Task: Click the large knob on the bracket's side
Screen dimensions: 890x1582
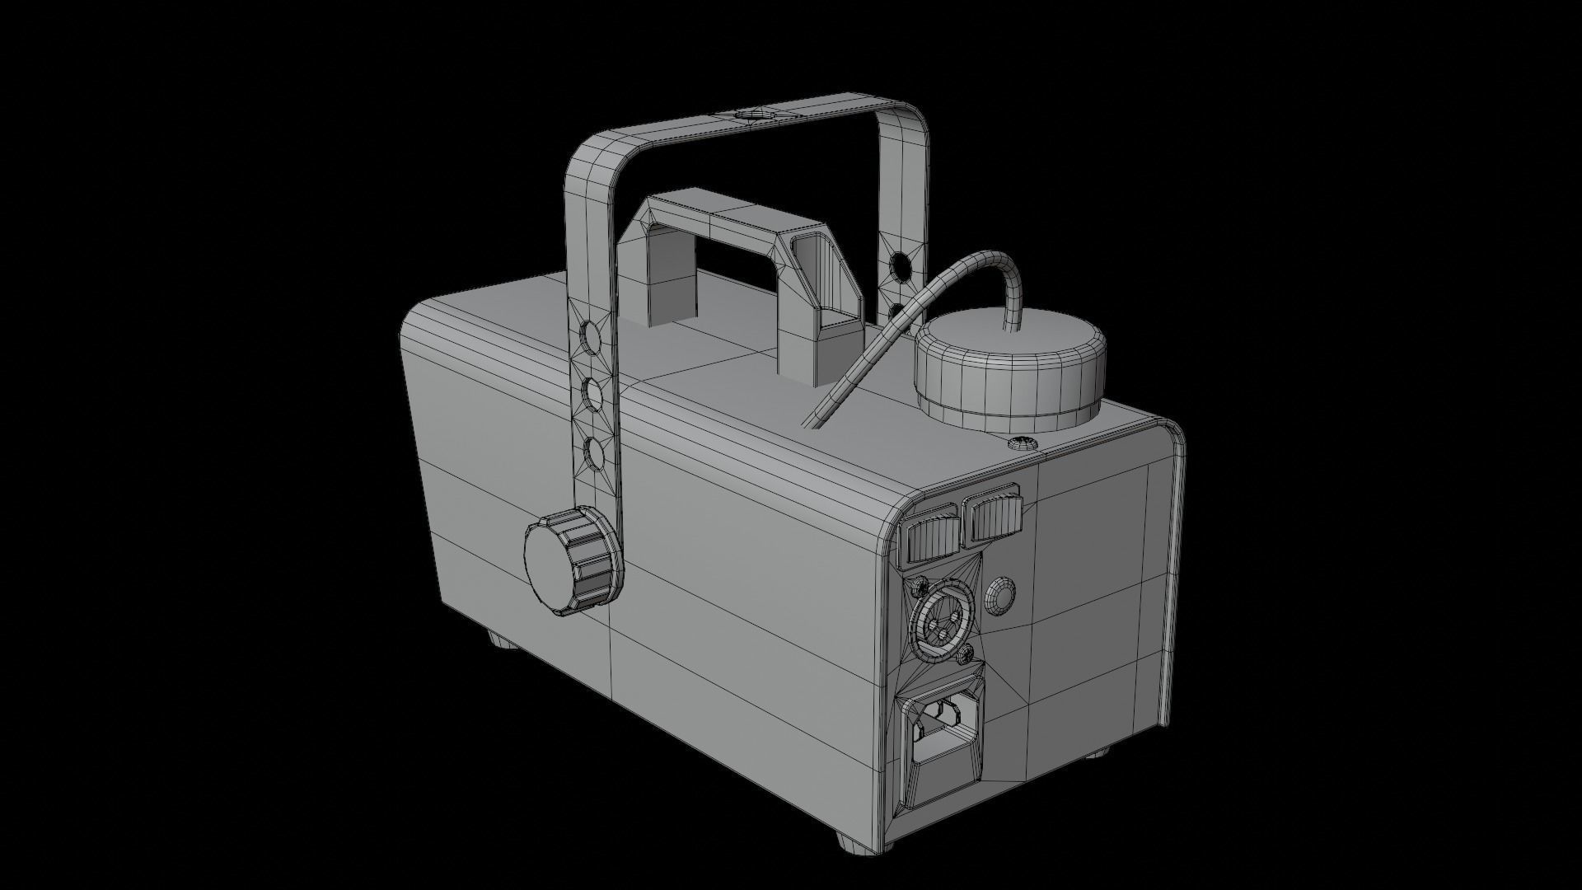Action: point(569,564)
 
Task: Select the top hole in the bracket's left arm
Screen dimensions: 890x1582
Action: point(591,335)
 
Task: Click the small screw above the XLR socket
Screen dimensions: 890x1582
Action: point(916,588)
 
